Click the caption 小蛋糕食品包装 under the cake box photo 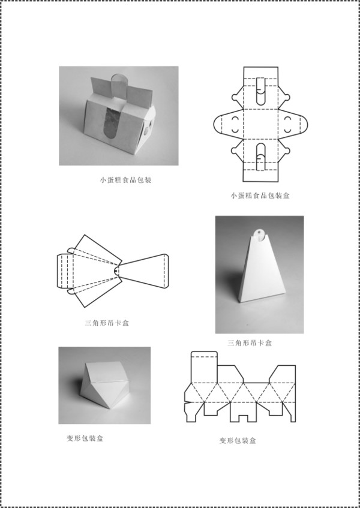click(125, 180)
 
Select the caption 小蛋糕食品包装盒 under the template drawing click(260, 196)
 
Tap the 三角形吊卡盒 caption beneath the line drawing click(107, 323)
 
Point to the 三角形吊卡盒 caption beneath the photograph click(250, 343)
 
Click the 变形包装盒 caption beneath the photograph click(85, 438)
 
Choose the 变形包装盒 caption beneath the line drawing click(238, 440)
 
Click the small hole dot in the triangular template click(116, 270)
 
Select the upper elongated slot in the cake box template click(260, 91)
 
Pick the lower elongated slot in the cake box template click(260, 157)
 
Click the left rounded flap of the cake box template click(229, 124)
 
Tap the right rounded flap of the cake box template click(293, 124)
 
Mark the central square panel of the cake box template click(260, 124)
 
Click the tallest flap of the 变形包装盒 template click(204, 366)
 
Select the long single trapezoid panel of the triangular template click(143, 271)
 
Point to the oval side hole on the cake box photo click(146, 130)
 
